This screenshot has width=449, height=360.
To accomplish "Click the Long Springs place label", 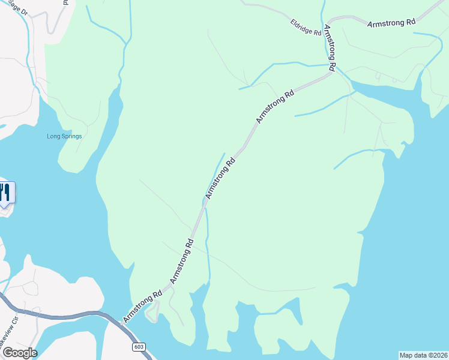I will (64, 136).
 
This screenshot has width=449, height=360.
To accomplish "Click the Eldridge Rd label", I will (306, 28).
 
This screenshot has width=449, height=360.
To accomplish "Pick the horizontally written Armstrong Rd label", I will (391, 22).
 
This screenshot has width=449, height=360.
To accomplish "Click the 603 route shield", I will (139, 347).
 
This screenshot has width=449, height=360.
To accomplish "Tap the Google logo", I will (19, 352).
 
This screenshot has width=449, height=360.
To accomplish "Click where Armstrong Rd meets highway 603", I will (121, 324).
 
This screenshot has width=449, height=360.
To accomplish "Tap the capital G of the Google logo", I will (8, 352).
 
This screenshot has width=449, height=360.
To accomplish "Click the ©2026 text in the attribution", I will (439, 355).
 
